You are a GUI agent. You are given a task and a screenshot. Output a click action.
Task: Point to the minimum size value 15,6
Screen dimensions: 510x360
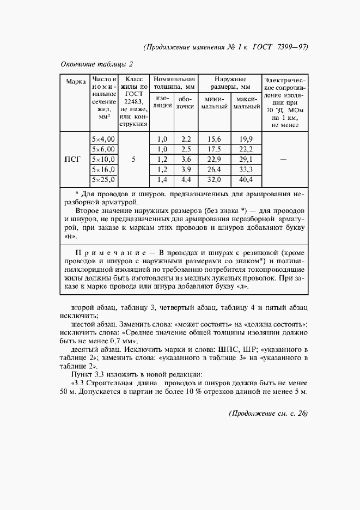[213, 139]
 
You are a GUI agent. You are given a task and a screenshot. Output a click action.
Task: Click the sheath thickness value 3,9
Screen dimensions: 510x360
[186, 169]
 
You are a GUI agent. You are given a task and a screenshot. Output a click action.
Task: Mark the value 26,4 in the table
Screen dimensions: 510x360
[213, 169]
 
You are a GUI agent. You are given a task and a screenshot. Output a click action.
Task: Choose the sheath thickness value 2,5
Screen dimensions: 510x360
[186, 149]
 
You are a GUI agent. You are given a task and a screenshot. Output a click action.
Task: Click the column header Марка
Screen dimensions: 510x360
[76, 82]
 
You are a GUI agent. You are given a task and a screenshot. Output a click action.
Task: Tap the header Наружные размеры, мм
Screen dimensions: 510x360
[229, 83]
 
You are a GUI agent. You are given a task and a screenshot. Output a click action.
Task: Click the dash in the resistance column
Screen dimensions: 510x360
[283, 160]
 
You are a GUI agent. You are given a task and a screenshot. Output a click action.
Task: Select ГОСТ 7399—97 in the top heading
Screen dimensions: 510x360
[281, 46]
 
